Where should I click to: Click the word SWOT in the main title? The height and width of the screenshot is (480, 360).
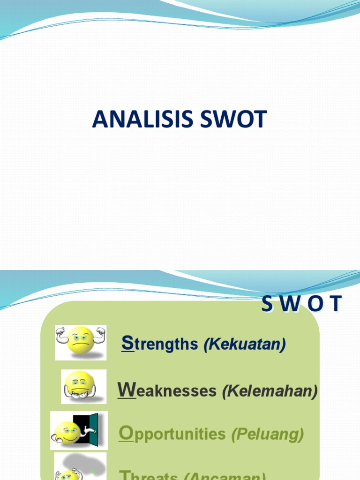233,120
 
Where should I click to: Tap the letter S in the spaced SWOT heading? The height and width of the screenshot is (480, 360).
267,305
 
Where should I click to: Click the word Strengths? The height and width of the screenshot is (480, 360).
160,344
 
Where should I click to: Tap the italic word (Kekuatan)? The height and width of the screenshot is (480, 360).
245,345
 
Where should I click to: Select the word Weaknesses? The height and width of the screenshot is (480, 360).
167,390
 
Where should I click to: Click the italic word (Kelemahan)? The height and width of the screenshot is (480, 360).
270,391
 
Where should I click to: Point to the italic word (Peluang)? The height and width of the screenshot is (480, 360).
268,435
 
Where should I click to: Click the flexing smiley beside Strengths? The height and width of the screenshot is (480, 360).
81,342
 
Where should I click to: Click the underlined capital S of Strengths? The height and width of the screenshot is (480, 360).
127,343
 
